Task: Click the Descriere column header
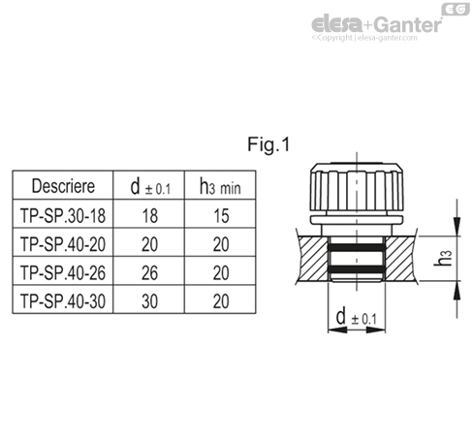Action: pos(62,184)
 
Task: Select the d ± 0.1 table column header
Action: pos(142,184)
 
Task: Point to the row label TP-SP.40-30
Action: pos(62,300)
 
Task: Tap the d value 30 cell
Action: pos(142,300)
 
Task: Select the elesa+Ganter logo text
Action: pos(373,24)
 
